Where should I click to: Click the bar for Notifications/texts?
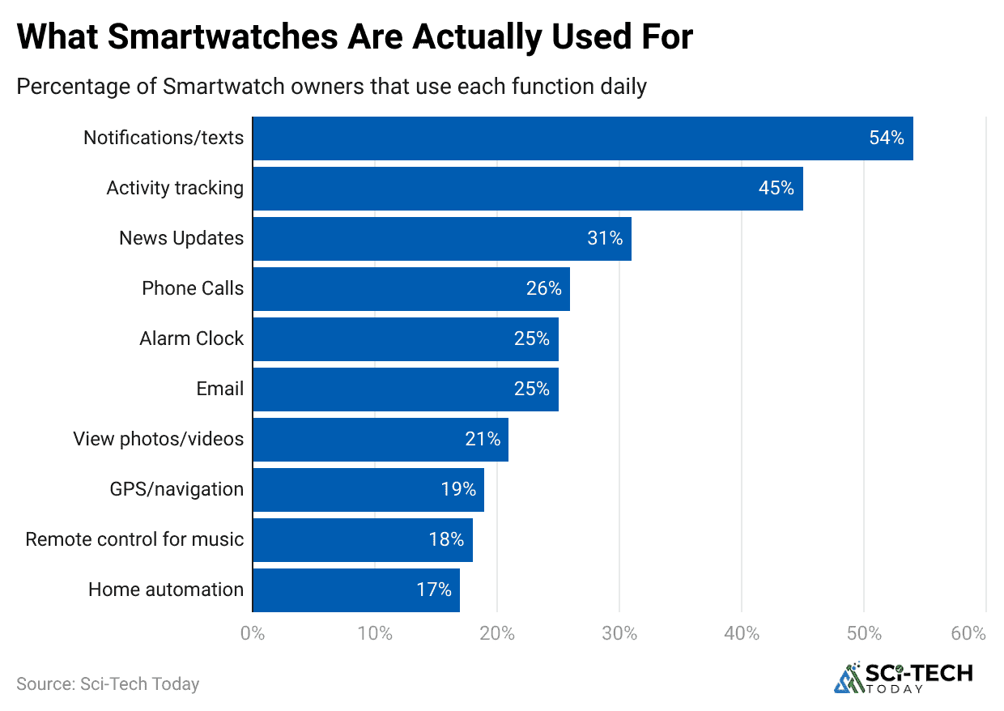583,138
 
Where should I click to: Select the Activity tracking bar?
528,189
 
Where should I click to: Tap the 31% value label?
605,239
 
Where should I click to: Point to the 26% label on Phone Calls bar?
543,289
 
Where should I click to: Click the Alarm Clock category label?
191,338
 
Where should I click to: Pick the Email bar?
405,390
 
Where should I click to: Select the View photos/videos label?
158,439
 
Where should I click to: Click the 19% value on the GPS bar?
457,490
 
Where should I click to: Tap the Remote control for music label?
134,539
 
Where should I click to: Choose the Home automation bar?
356,590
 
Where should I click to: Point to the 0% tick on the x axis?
253,633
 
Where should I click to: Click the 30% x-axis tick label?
619,633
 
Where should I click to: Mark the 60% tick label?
968,633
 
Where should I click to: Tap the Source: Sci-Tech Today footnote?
108,684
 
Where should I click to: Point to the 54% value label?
886,138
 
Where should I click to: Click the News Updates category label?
181,238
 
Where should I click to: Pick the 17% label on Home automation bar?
434,590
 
